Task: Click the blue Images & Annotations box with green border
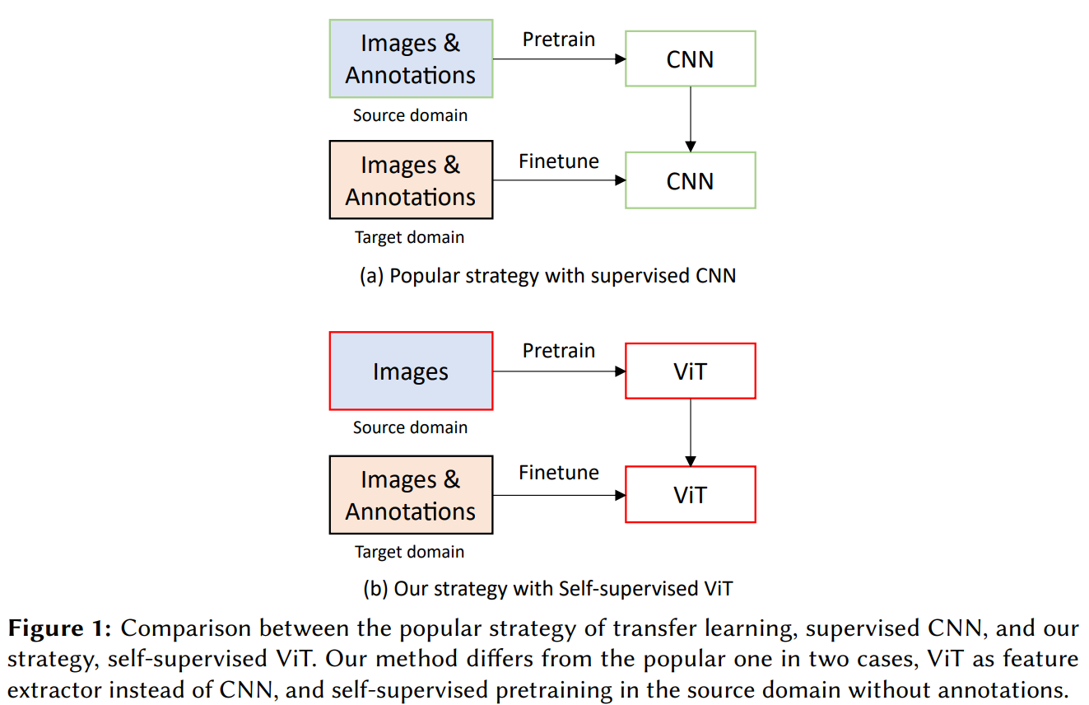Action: coord(411,59)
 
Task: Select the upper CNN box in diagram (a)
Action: coord(690,59)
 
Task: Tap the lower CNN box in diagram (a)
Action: coord(690,180)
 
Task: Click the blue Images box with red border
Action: coord(411,371)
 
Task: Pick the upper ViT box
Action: coord(690,371)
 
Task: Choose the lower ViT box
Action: coord(690,494)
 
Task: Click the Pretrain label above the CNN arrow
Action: coord(559,40)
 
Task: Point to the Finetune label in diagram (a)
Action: coord(559,161)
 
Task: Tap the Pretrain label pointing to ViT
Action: coord(559,351)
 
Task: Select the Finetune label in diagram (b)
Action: coord(559,473)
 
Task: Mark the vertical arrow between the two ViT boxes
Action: coord(691,432)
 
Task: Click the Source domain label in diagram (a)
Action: coord(410,115)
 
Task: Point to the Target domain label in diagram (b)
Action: coord(410,552)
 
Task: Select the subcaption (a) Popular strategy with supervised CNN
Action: coord(548,276)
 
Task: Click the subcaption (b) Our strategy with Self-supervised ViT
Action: coord(548,589)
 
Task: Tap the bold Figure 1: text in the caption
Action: coord(59,629)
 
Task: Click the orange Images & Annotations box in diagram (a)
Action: coord(411,180)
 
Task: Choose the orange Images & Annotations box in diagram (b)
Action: coord(411,495)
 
